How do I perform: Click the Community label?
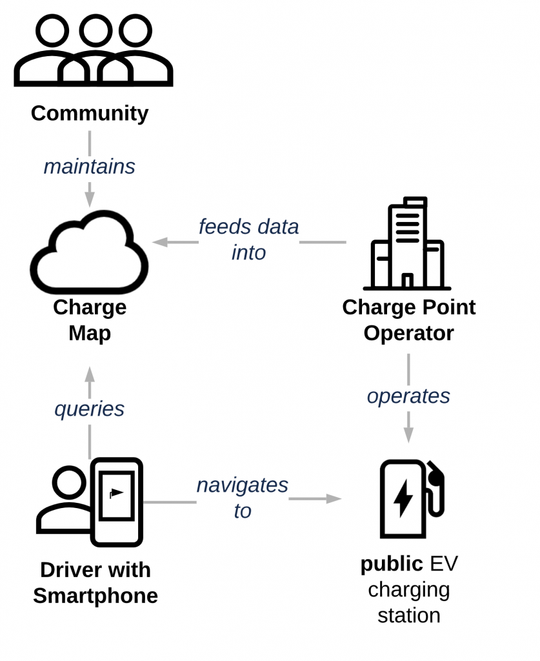pos(90,114)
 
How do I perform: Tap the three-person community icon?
pos(94,52)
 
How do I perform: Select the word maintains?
pos(90,167)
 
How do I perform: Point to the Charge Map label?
pos(90,320)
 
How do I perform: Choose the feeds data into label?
pos(248,239)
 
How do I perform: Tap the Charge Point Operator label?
pos(408,320)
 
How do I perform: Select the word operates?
pos(408,396)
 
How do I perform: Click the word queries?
pos(90,409)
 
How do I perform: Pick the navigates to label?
pos(243,498)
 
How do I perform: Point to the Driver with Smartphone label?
pos(95,582)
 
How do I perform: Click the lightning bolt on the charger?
pos(403,498)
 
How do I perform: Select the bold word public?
pos(391,564)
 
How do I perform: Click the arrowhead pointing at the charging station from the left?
pos(334,498)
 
